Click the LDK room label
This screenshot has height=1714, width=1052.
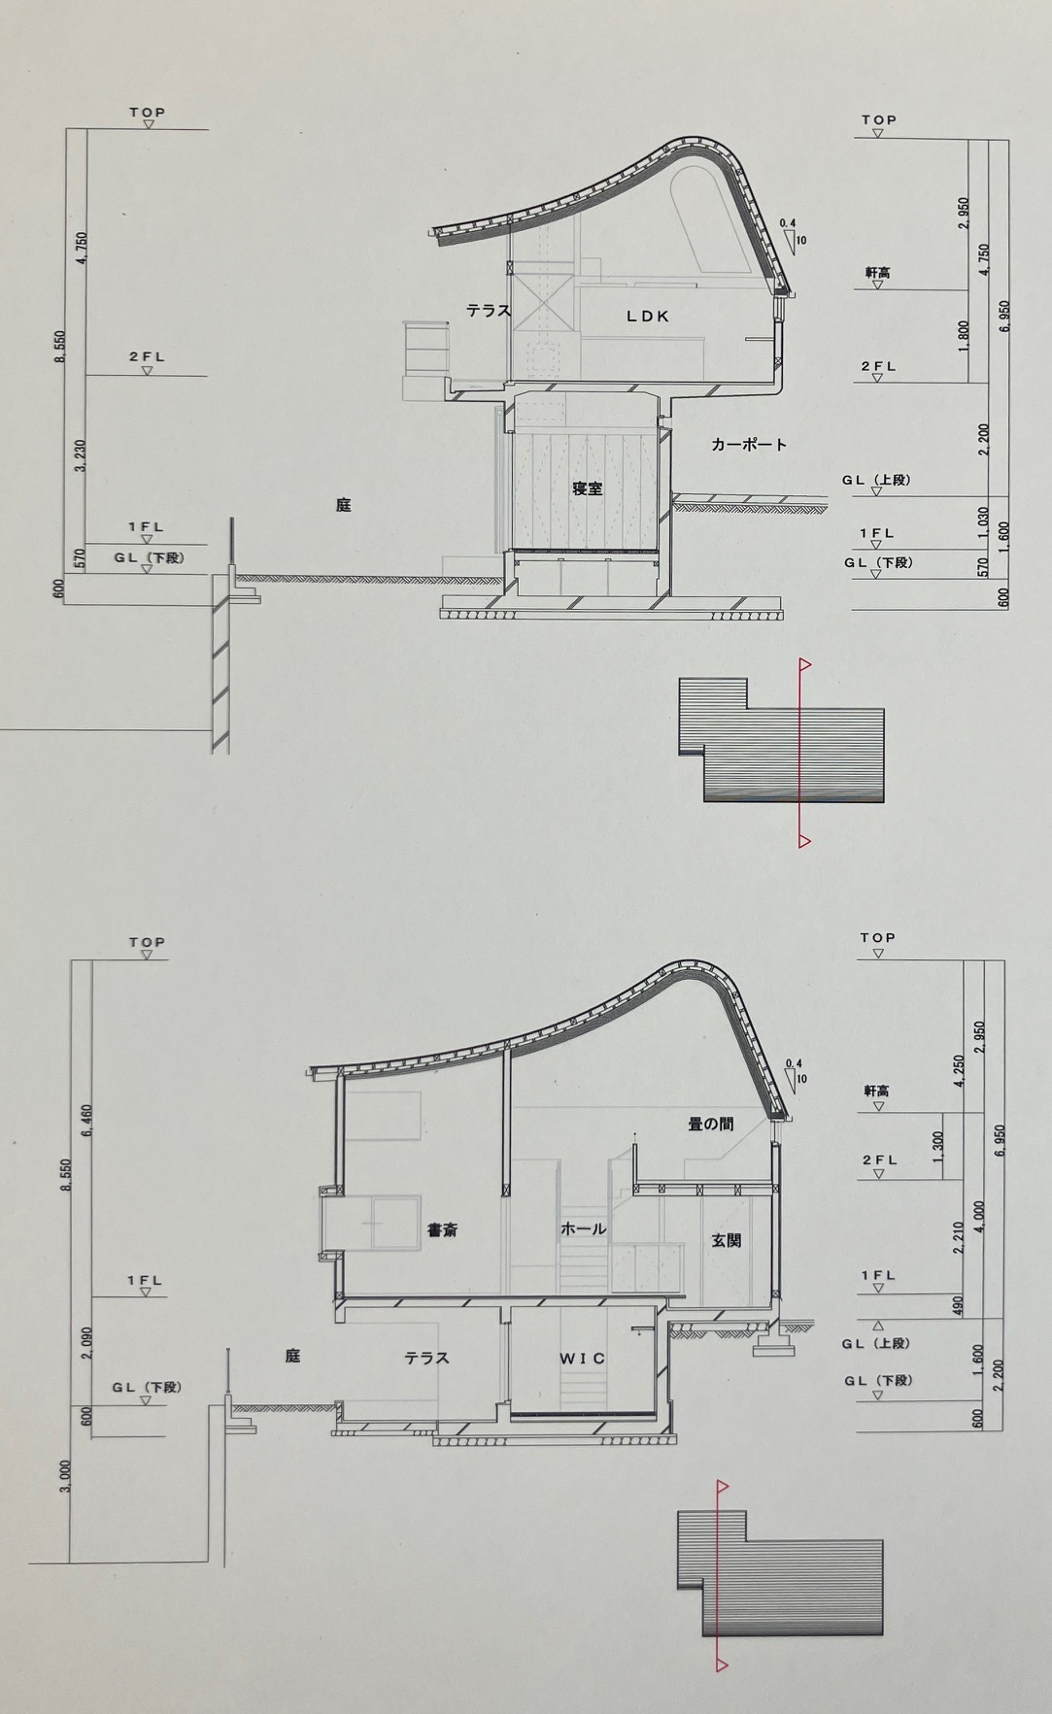[648, 316]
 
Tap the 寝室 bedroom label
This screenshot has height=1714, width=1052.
[587, 488]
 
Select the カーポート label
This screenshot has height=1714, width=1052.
[749, 445]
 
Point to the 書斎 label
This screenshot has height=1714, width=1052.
[443, 1230]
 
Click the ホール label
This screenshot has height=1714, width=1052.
[583, 1229]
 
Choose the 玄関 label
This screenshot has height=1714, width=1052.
[727, 1240]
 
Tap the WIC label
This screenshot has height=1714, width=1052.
[582, 1358]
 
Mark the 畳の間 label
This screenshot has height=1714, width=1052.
[711, 1124]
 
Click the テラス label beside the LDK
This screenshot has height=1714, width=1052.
[489, 311]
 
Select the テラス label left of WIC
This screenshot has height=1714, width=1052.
[427, 1358]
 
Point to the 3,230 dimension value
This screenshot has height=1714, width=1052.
[82, 456]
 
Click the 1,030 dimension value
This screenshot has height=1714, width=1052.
[983, 522]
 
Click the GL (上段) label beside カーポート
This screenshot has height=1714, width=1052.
[876, 480]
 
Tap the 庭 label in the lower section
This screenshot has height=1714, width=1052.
[292, 1356]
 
